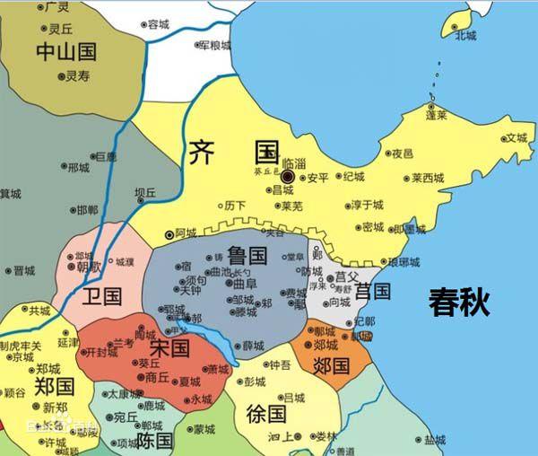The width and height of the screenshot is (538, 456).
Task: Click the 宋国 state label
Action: pyautogui.click(x=170, y=346)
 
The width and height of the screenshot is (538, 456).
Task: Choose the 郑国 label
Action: pyautogui.click(x=53, y=387)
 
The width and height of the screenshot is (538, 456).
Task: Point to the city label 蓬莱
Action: pyautogui.click(x=437, y=116)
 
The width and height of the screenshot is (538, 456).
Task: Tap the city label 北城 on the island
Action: pyautogui.click(x=465, y=36)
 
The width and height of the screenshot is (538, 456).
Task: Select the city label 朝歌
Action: pyautogui.click(x=89, y=267)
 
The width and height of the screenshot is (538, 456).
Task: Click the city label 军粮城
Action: pyautogui.click(x=214, y=45)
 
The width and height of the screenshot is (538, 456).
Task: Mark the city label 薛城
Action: pyautogui.click(x=254, y=346)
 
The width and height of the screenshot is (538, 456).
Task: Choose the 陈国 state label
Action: pyautogui.click(x=153, y=441)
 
